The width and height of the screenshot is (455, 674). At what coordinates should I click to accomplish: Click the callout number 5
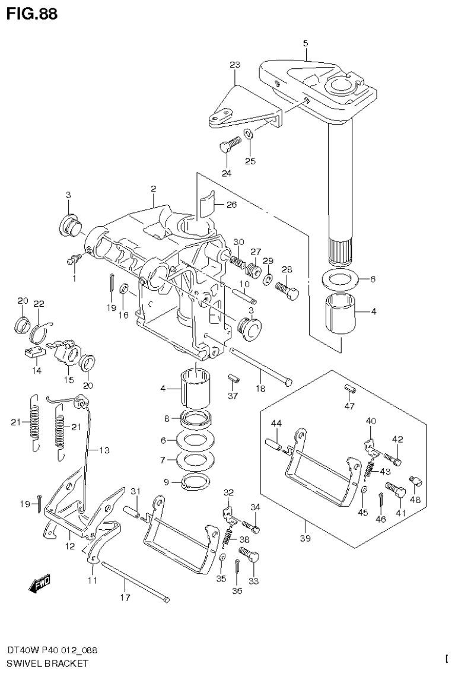[305, 43]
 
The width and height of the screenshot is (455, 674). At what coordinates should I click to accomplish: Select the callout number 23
[234, 65]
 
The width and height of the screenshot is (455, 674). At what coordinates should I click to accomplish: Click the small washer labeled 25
[249, 134]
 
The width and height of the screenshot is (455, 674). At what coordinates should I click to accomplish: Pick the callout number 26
[231, 205]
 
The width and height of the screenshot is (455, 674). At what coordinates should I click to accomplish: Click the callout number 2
[153, 189]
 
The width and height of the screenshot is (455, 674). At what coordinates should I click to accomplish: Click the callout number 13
[104, 451]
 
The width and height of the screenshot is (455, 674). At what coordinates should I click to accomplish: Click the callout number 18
[260, 388]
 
